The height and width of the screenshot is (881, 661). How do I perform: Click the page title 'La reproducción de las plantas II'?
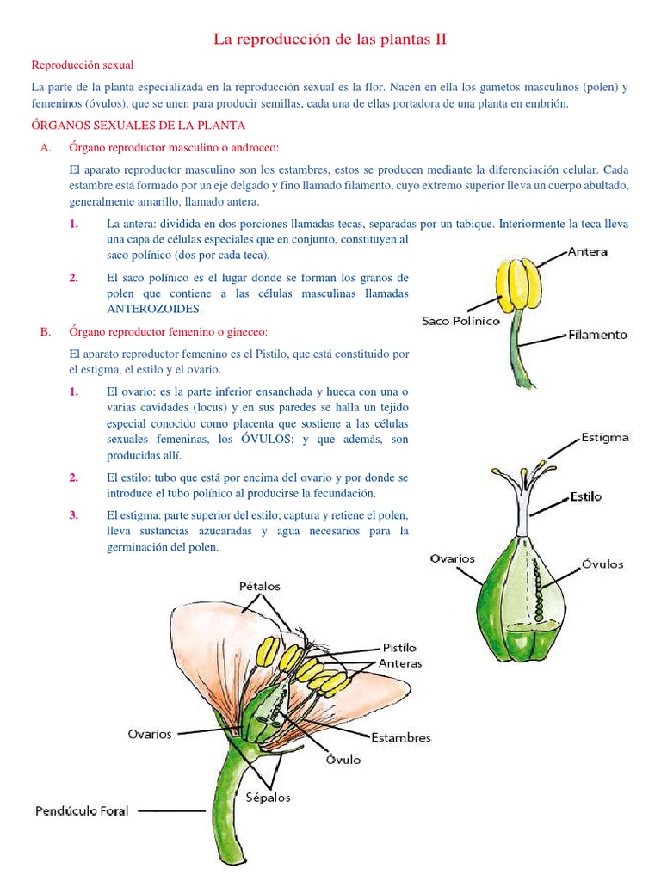point(330,40)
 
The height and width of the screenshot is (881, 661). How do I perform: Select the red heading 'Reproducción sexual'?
point(83,65)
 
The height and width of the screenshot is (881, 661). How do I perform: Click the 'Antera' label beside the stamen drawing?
point(587,251)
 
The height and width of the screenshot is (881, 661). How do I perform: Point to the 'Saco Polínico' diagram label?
point(460,320)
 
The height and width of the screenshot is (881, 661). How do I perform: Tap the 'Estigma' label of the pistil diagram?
point(604,437)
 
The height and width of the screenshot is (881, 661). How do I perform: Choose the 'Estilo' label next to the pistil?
point(585,496)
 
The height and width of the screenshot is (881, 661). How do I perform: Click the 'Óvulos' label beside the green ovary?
point(602,564)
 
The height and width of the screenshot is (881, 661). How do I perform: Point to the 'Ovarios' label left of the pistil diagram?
point(453,558)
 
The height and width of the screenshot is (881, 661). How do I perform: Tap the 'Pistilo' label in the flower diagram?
point(398,647)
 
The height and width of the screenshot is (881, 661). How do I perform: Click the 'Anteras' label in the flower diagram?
point(400,663)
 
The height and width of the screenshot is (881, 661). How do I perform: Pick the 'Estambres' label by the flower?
point(400,737)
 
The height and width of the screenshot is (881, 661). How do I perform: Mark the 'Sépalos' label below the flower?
point(268,797)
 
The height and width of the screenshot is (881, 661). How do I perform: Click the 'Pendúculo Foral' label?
point(82,810)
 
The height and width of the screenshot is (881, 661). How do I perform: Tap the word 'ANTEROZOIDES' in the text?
point(154,308)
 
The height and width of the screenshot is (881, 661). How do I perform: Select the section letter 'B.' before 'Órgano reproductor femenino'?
point(46,331)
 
